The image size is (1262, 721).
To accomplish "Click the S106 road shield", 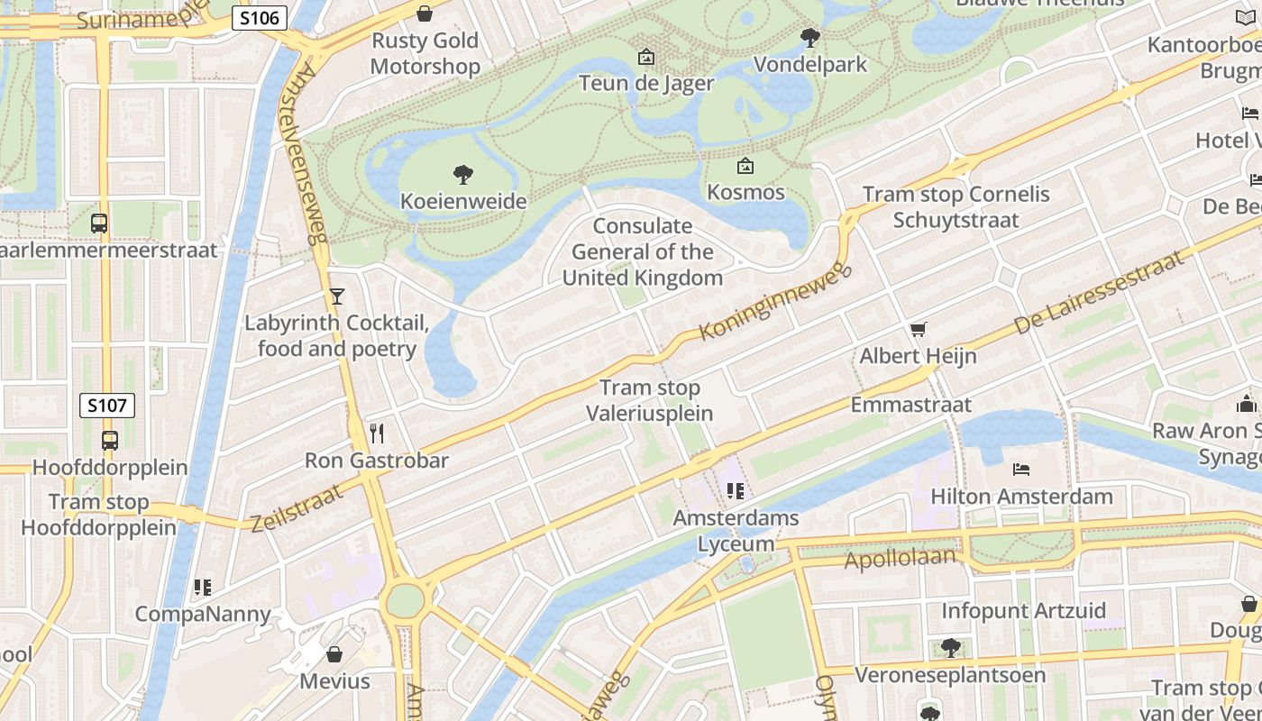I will coord(260,18).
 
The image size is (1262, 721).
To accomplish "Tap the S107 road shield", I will coord(107,406).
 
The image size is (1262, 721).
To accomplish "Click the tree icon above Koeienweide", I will coord(463,174).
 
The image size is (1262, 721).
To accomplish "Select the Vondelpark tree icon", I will coord(810,37).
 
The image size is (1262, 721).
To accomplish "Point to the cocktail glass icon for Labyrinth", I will coord(337,296).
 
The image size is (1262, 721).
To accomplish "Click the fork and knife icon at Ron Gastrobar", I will coord(377,434).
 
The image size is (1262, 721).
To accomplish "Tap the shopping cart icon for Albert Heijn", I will coord(918,330).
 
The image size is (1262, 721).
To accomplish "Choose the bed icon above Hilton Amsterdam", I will coord(1021,470).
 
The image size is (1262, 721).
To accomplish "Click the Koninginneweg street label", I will coord(774,302).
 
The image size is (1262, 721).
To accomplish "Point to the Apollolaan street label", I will coord(899,558).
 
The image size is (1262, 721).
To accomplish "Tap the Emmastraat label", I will coord(910,405).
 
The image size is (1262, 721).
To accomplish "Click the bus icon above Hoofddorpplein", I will coord(109,441).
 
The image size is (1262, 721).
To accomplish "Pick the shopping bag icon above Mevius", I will coord(334,654).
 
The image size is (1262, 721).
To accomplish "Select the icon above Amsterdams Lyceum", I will coord(736,491).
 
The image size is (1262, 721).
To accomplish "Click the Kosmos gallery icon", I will coord(745,166).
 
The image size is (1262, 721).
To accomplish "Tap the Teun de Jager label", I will coord(646,84).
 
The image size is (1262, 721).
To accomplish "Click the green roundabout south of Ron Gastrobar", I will coord(405,601).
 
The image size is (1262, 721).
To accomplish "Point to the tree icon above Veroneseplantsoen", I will coord(950,647).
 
